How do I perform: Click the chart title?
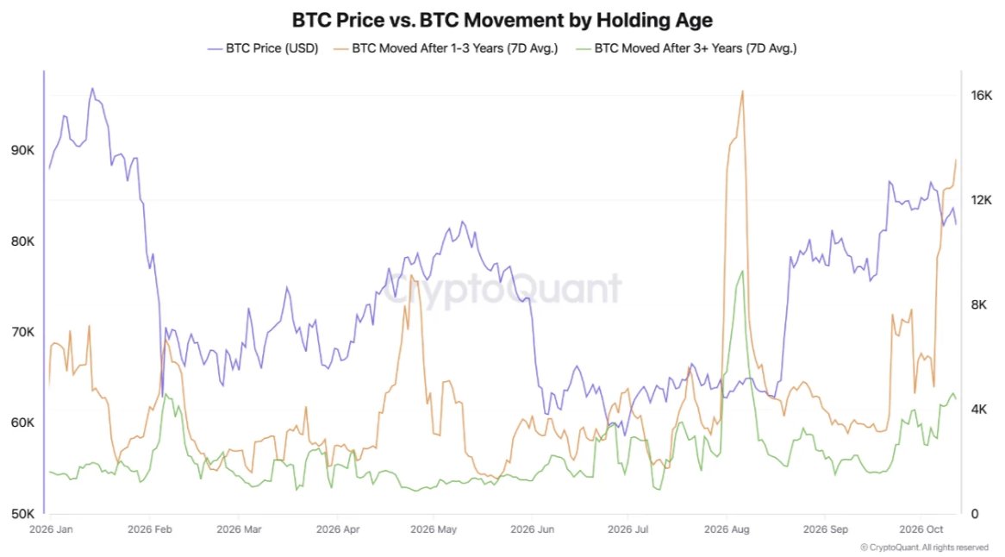(x=502, y=20)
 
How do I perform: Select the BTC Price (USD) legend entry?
(x=263, y=48)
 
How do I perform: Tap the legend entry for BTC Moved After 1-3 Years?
(x=446, y=48)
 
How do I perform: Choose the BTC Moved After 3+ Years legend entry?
(x=686, y=48)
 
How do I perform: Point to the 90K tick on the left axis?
(x=23, y=150)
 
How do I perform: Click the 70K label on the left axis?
(x=23, y=332)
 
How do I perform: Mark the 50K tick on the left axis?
(x=23, y=513)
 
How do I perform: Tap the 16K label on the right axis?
(x=981, y=96)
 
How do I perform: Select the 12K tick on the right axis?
(x=981, y=200)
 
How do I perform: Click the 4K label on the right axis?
(x=979, y=409)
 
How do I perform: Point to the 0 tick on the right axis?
(x=974, y=513)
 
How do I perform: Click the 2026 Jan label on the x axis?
(x=51, y=529)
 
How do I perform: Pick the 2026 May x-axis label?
(x=434, y=529)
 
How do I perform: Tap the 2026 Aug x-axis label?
(x=727, y=529)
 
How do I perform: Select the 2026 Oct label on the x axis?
(x=921, y=529)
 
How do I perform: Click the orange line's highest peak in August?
(x=742, y=91)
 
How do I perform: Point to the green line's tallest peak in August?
(x=742, y=271)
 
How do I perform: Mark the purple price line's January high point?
(x=92, y=89)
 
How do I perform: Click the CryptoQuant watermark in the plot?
(x=502, y=288)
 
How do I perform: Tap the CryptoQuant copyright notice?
(x=924, y=548)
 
